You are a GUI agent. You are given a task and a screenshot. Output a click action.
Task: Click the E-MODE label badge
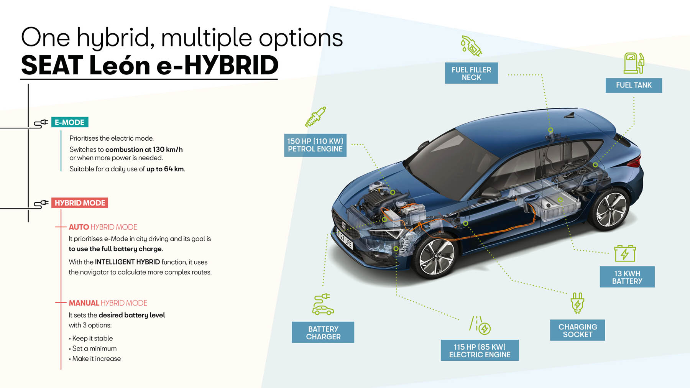(x=70, y=122)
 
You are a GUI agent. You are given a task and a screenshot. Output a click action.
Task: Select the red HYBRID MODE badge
(x=80, y=203)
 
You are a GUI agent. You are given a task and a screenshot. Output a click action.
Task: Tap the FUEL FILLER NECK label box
(x=471, y=73)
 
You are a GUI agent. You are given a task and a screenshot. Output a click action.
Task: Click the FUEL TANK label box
(x=634, y=85)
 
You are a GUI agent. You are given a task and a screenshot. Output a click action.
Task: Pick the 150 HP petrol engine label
(x=315, y=145)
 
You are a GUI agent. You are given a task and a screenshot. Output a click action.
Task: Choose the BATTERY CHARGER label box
(x=323, y=332)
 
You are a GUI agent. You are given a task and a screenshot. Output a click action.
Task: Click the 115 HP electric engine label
(x=480, y=350)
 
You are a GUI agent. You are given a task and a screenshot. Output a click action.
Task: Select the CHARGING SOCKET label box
(x=577, y=330)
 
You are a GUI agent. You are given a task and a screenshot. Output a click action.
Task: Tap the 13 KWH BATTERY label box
(x=627, y=277)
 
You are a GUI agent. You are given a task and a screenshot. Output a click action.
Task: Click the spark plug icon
(x=315, y=117)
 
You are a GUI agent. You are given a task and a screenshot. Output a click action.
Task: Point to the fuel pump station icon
(x=634, y=63)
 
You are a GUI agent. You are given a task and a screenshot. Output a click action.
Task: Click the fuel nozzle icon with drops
(x=471, y=46)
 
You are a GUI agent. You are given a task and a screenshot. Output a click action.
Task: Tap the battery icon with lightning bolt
(x=625, y=253)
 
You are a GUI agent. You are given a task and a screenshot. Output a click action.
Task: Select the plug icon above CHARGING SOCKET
(x=577, y=303)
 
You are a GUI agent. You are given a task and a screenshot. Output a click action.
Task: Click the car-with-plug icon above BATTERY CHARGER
(x=323, y=304)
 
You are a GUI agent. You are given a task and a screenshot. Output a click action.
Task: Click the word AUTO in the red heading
(x=79, y=227)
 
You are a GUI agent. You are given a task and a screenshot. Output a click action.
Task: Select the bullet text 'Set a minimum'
(x=94, y=349)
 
